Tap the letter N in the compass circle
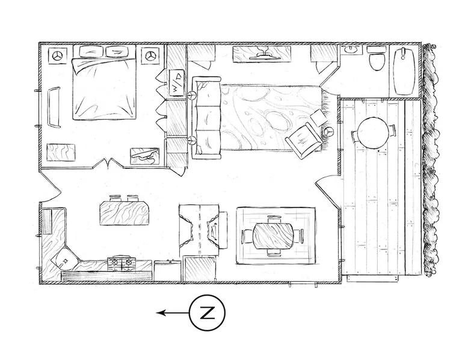click(x=207, y=313)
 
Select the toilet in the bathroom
click(x=377, y=58)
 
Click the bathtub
click(x=404, y=71)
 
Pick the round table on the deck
click(x=374, y=133)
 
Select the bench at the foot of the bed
click(x=54, y=107)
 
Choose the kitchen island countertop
click(x=123, y=213)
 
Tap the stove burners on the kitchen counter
click(x=122, y=263)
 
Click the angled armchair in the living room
click(x=304, y=139)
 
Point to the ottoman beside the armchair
click(x=318, y=117)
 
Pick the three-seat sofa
click(x=206, y=118)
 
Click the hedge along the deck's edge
click(x=430, y=161)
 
